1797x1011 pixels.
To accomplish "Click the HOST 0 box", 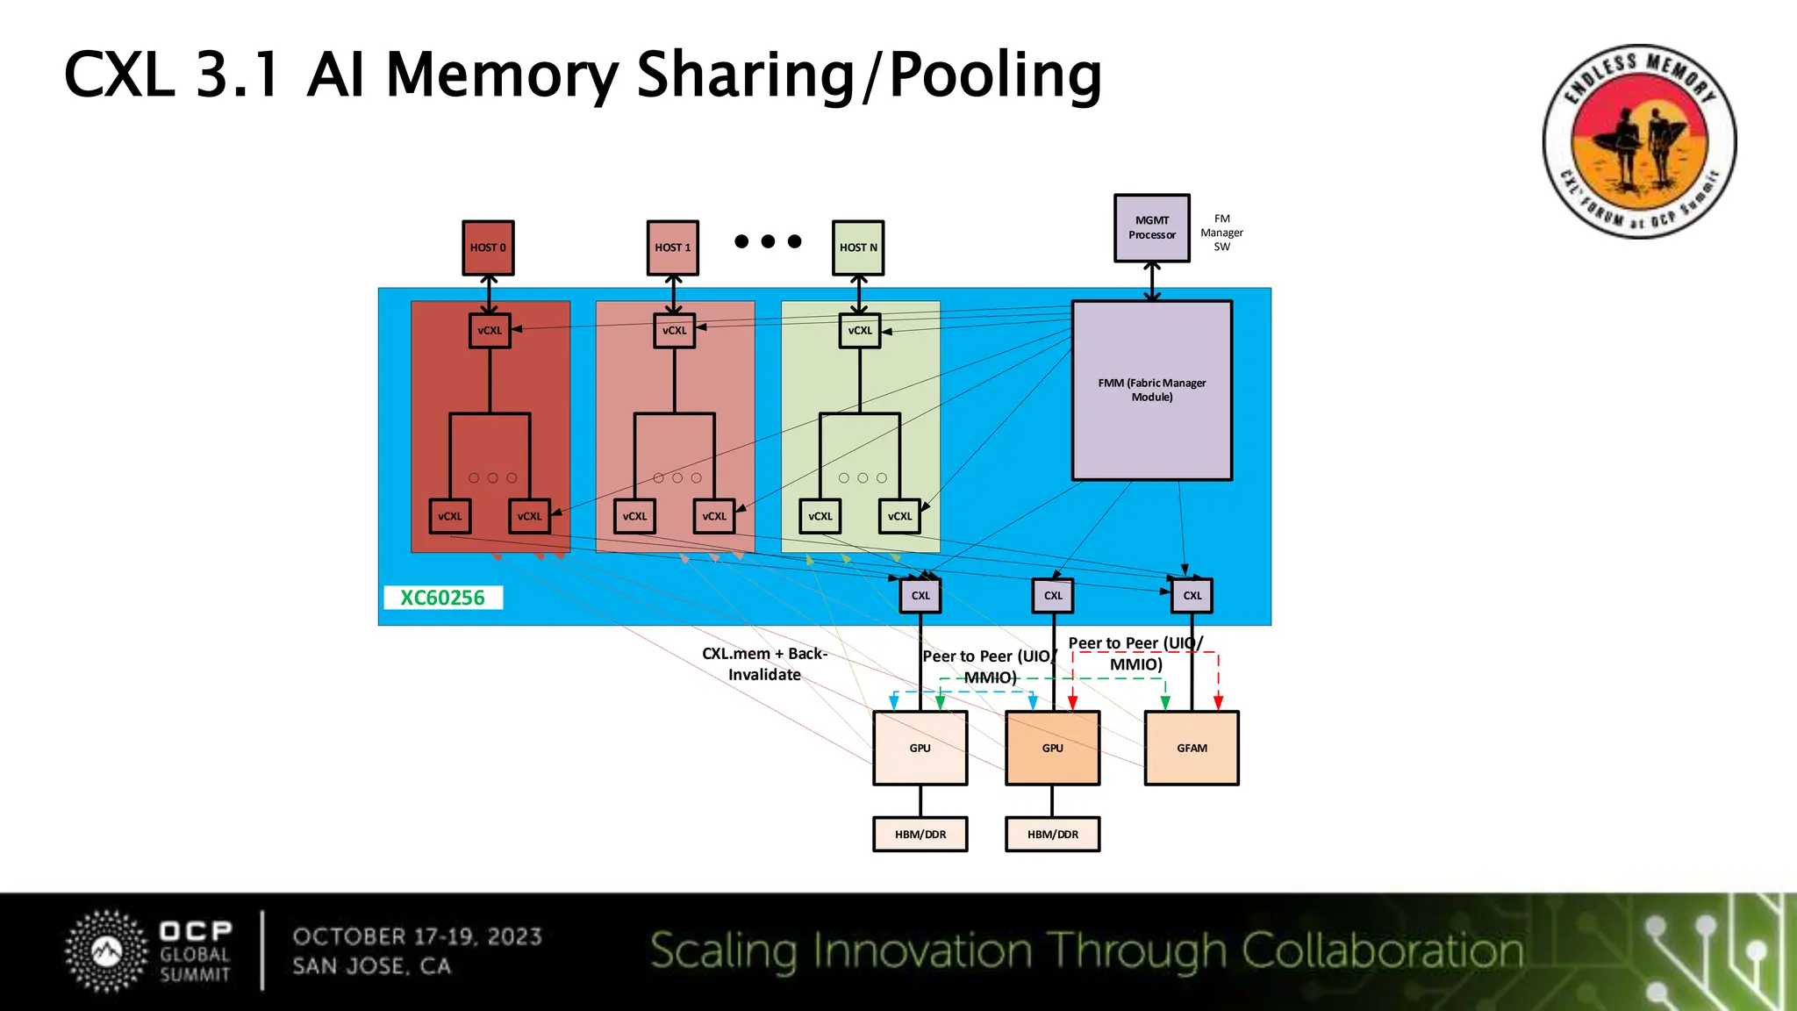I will coord(488,247).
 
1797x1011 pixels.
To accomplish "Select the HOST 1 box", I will coord(673,247).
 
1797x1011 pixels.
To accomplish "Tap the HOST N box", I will coord(858,247).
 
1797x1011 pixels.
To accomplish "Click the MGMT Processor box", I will coord(1152,228).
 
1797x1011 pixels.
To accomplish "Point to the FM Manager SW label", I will coord(1221,233).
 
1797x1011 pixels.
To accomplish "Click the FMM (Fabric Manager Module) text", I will coord(1152,390).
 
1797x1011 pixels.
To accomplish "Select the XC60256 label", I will coord(443,598).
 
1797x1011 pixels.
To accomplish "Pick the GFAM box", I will coord(1192,748).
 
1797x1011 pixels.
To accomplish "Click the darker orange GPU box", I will coord(1052,748).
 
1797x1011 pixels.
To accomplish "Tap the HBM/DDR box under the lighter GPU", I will coord(920,834).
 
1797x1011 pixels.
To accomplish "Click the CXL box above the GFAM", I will coord(1192,595).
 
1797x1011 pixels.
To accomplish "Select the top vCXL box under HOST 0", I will coord(490,331).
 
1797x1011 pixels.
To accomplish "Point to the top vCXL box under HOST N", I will coord(860,331).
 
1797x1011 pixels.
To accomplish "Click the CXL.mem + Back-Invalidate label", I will coord(764,663).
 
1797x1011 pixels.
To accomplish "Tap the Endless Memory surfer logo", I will coord(1639,141).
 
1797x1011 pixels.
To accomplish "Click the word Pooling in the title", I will coord(995,75).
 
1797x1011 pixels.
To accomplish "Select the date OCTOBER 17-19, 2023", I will coord(417,936).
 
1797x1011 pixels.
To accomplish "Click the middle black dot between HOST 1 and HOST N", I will coord(768,240).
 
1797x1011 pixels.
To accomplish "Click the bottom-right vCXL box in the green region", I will coord(899,516).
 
